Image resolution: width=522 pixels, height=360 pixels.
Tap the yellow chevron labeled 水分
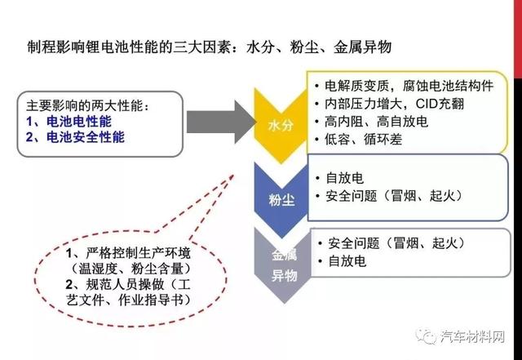click(x=281, y=126)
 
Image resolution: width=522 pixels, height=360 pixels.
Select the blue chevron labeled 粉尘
click(x=281, y=200)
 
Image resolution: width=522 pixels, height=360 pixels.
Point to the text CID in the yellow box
click(x=427, y=104)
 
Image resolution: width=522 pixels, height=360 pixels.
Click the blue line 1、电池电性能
click(x=69, y=122)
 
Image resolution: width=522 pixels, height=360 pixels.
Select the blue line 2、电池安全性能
click(x=75, y=137)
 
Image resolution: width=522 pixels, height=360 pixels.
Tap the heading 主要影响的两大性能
click(x=88, y=105)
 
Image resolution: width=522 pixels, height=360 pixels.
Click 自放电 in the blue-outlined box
click(x=344, y=178)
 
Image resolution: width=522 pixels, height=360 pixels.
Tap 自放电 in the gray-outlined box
click(x=347, y=261)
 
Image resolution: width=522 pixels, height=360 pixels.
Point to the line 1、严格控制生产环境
click(x=128, y=253)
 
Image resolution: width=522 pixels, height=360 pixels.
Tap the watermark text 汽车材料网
click(x=473, y=336)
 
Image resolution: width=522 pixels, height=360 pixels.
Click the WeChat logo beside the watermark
click(x=426, y=336)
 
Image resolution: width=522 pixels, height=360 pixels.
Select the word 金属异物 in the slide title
click(x=362, y=47)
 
